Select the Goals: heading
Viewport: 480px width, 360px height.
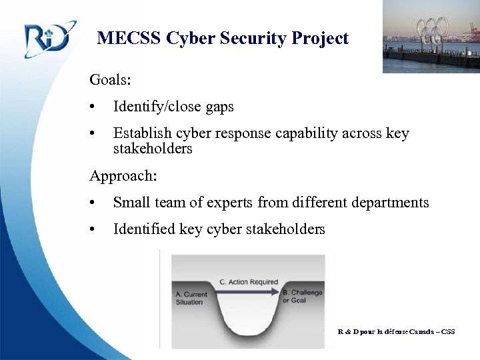click(x=110, y=80)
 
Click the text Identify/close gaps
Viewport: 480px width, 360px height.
click(x=173, y=107)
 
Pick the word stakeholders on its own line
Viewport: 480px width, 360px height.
click(x=153, y=149)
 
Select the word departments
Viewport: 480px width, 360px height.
click(x=390, y=203)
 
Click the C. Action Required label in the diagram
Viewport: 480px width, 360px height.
click(x=248, y=281)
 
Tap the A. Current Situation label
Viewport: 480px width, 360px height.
click(x=192, y=298)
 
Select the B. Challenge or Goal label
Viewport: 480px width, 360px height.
click(x=302, y=296)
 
